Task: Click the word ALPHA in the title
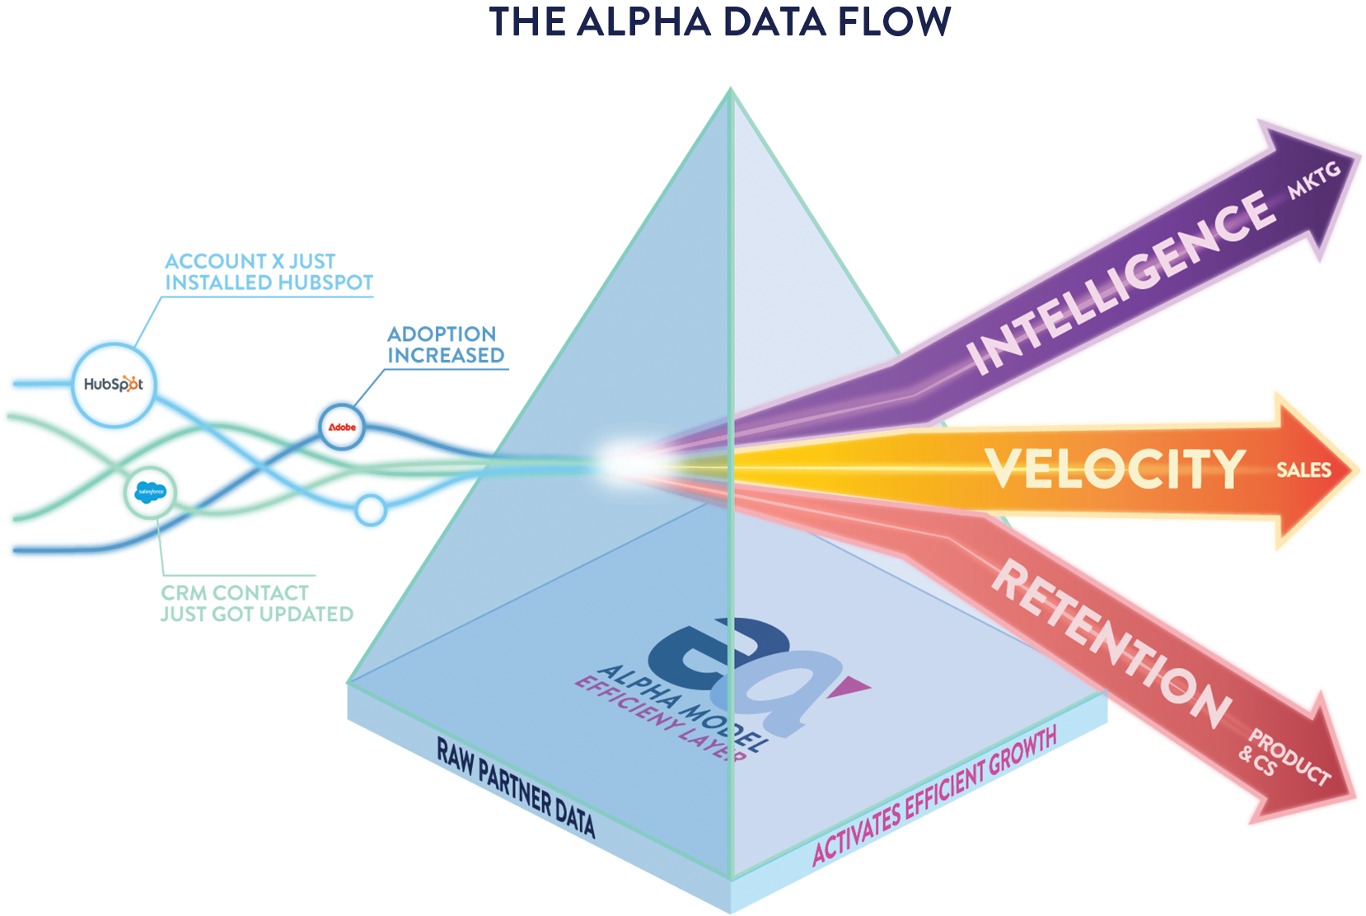pyautogui.click(x=643, y=21)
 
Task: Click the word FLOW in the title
pyautogui.click(x=894, y=21)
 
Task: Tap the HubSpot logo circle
pyautogui.click(x=114, y=384)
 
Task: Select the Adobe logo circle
pyautogui.click(x=342, y=427)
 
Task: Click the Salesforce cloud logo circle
pyautogui.click(x=151, y=492)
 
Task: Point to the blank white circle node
pyautogui.click(x=371, y=510)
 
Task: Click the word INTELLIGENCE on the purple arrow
pyautogui.click(x=1120, y=282)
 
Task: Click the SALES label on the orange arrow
pyautogui.click(x=1303, y=470)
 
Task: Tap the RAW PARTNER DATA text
pyautogui.click(x=516, y=787)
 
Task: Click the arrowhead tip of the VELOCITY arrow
pyautogui.click(x=1351, y=470)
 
